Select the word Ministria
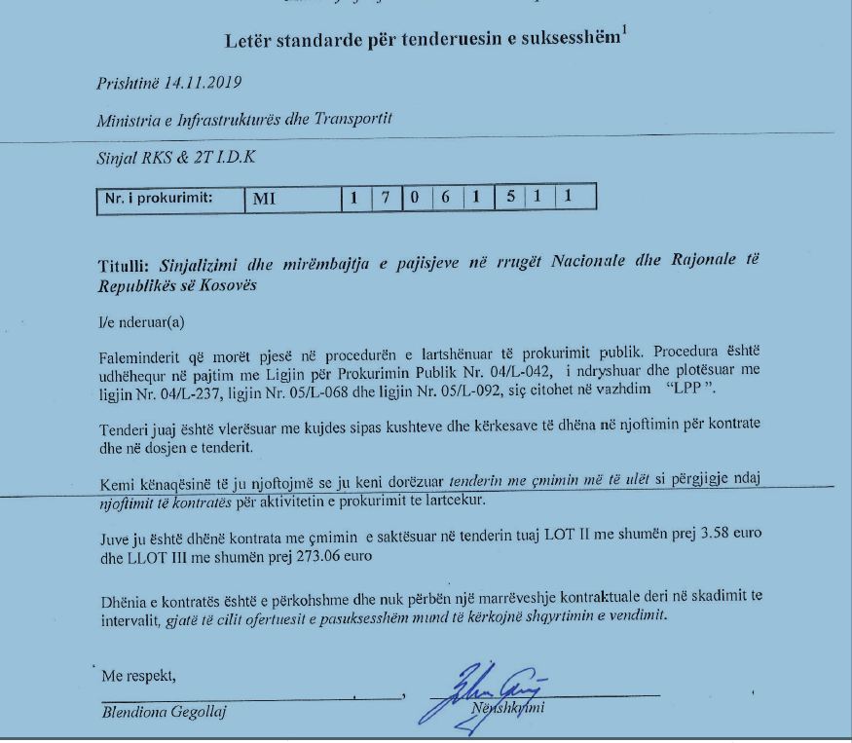point(126,122)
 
